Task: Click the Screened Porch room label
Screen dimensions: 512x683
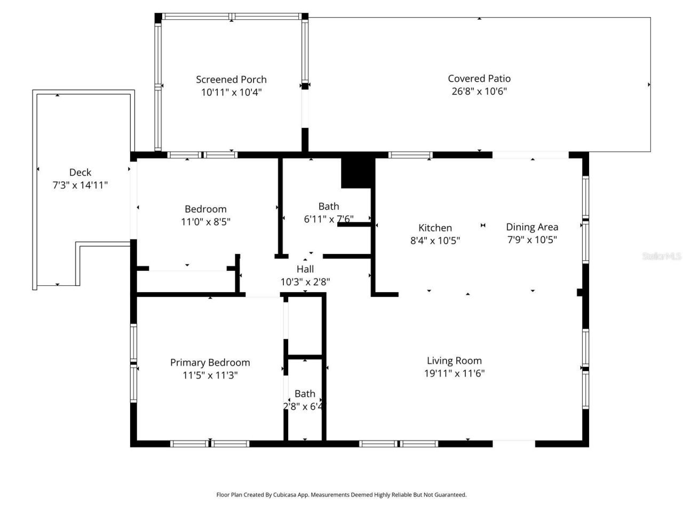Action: (231, 79)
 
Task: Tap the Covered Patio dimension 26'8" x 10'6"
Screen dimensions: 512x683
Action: (479, 91)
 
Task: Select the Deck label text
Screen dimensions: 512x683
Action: (80, 172)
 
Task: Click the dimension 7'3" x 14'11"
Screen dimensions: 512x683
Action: (80, 185)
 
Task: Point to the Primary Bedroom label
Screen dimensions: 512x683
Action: (210, 363)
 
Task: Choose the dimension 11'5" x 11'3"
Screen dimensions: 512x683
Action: (210, 375)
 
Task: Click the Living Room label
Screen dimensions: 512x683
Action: (454, 361)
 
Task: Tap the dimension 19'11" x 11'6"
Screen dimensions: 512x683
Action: (454, 373)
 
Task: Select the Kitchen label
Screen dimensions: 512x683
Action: (435, 228)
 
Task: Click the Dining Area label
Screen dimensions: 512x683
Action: (532, 227)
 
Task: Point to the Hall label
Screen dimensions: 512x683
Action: (305, 269)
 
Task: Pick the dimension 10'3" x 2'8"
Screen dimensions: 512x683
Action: (305, 282)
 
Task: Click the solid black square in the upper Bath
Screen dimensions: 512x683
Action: (358, 172)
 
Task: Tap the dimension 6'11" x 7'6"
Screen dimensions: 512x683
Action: (329, 219)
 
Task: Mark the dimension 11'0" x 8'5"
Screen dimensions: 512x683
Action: (205, 222)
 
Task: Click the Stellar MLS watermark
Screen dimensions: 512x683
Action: (662, 257)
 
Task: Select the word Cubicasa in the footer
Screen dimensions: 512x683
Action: (285, 495)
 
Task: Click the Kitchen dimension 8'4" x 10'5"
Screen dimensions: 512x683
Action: (435, 241)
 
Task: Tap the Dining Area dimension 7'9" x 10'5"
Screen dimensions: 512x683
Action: (532, 240)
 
